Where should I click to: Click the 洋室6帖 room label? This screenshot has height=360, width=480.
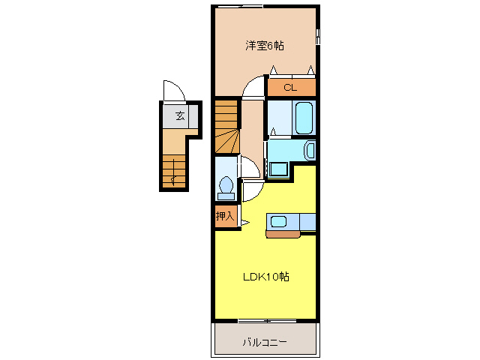[x=265, y=46]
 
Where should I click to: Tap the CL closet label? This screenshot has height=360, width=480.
[x=290, y=88]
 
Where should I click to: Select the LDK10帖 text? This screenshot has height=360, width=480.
[x=265, y=277]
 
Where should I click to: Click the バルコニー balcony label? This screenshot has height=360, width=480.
[x=264, y=342]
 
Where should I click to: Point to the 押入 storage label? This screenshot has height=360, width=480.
[x=225, y=216]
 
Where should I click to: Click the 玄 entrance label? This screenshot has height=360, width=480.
[x=180, y=116]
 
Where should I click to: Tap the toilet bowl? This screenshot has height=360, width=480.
[x=225, y=184]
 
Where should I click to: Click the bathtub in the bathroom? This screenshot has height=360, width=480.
[x=303, y=118]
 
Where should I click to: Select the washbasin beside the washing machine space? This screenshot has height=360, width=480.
[x=310, y=150]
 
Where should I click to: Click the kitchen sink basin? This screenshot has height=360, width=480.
[x=278, y=221]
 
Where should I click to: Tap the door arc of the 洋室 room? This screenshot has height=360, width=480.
[x=256, y=86]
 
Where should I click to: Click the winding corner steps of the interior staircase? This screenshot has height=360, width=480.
[x=227, y=140]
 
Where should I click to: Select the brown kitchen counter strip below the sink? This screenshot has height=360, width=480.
[x=282, y=234]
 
